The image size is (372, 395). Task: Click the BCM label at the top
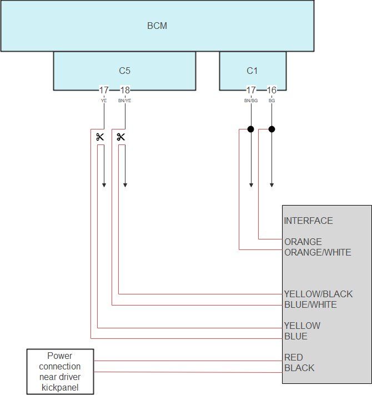coord(157,26)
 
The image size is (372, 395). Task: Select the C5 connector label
coord(124,71)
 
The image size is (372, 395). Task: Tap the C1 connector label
coord(253,71)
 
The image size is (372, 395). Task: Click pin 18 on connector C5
coord(125,90)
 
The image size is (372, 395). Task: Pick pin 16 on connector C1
coord(272,90)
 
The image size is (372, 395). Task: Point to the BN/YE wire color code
coord(125,101)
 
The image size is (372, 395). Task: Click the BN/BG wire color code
coord(251,101)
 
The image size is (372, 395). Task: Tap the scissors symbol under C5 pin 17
coord(100,137)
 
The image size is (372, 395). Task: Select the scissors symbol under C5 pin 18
coord(121,137)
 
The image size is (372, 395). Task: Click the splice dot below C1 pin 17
coord(250,129)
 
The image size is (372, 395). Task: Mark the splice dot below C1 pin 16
coord(272,129)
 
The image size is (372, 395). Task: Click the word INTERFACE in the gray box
coord(308,221)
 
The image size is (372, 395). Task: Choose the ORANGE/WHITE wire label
coord(317,252)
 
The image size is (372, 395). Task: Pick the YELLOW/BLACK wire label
coord(318,294)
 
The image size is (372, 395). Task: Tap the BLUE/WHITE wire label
coord(310,304)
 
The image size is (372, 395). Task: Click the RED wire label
coord(294,357)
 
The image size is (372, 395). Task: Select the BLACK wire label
coord(299,368)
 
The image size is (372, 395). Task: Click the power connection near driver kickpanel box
coord(60,372)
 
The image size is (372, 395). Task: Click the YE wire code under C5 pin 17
coord(104,101)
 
